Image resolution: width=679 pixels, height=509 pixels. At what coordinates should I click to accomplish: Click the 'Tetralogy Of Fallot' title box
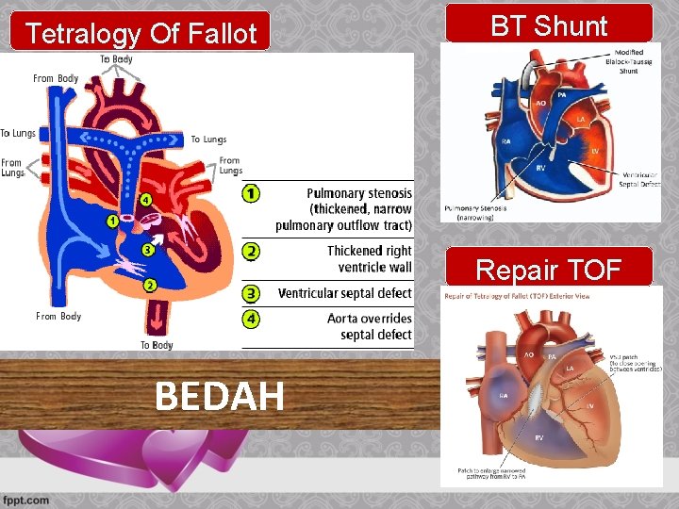(141, 34)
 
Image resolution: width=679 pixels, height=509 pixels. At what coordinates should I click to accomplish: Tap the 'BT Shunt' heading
(549, 25)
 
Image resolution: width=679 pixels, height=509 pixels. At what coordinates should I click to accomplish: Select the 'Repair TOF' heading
(548, 271)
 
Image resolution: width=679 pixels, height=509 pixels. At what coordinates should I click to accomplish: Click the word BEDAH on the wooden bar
(219, 397)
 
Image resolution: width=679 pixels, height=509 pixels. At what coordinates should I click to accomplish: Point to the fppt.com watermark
(25, 499)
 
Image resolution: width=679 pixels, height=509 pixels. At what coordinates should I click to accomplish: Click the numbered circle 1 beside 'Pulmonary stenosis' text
(251, 193)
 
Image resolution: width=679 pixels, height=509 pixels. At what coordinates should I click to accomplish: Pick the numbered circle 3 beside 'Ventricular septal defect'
(251, 293)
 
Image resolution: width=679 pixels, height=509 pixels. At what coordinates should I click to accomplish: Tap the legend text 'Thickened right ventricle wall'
(369, 259)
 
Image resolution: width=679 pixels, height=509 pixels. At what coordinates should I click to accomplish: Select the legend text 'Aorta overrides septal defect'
(369, 326)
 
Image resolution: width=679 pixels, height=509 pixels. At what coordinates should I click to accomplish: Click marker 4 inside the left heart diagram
(145, 200)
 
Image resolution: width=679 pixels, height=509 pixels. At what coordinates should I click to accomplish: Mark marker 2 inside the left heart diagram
(150, 285)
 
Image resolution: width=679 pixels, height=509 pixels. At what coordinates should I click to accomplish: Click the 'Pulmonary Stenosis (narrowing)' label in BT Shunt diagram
(476, 212)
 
